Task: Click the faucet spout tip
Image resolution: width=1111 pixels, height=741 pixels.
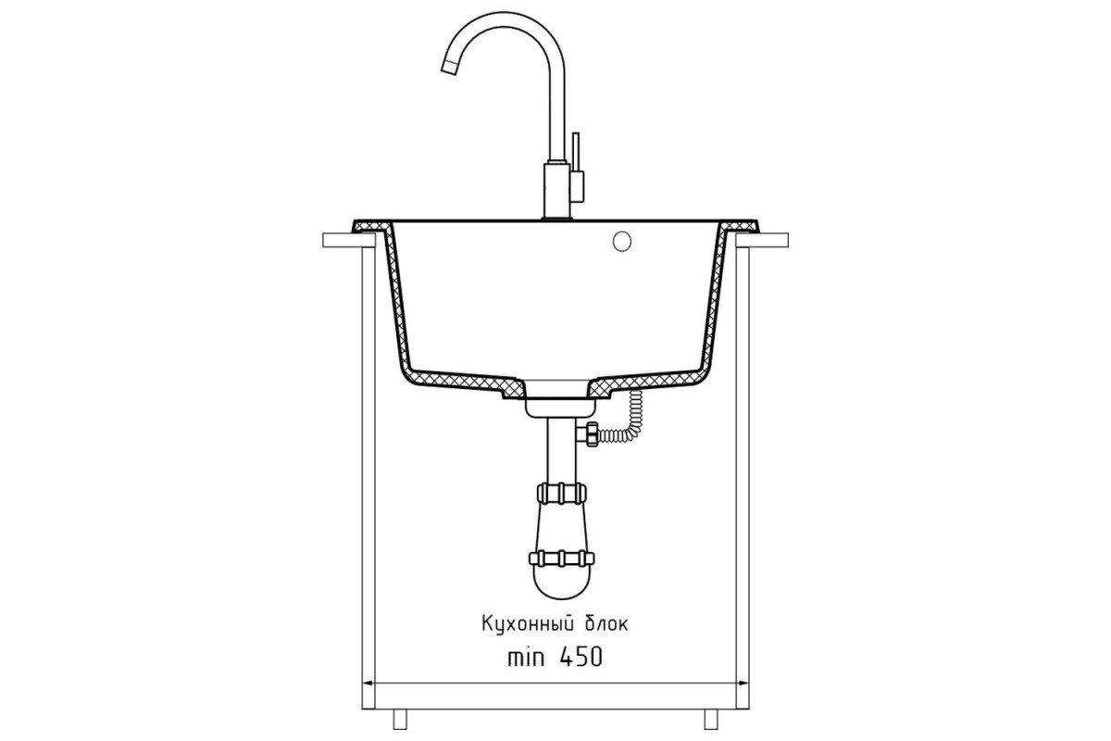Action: (x=449, y=67)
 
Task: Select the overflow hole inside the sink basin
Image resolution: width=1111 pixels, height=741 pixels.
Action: (x=622, y=241)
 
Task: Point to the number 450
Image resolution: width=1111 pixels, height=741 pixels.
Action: (x=580, y=657)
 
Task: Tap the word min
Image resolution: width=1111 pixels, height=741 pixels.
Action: (x=526, y=658)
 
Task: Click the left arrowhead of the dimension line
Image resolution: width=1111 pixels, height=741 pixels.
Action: (x=368, y=684)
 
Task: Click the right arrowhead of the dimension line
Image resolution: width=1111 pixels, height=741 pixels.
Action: (x=743, y=684)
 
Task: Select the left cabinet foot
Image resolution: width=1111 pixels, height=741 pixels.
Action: (x=400, y=719)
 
